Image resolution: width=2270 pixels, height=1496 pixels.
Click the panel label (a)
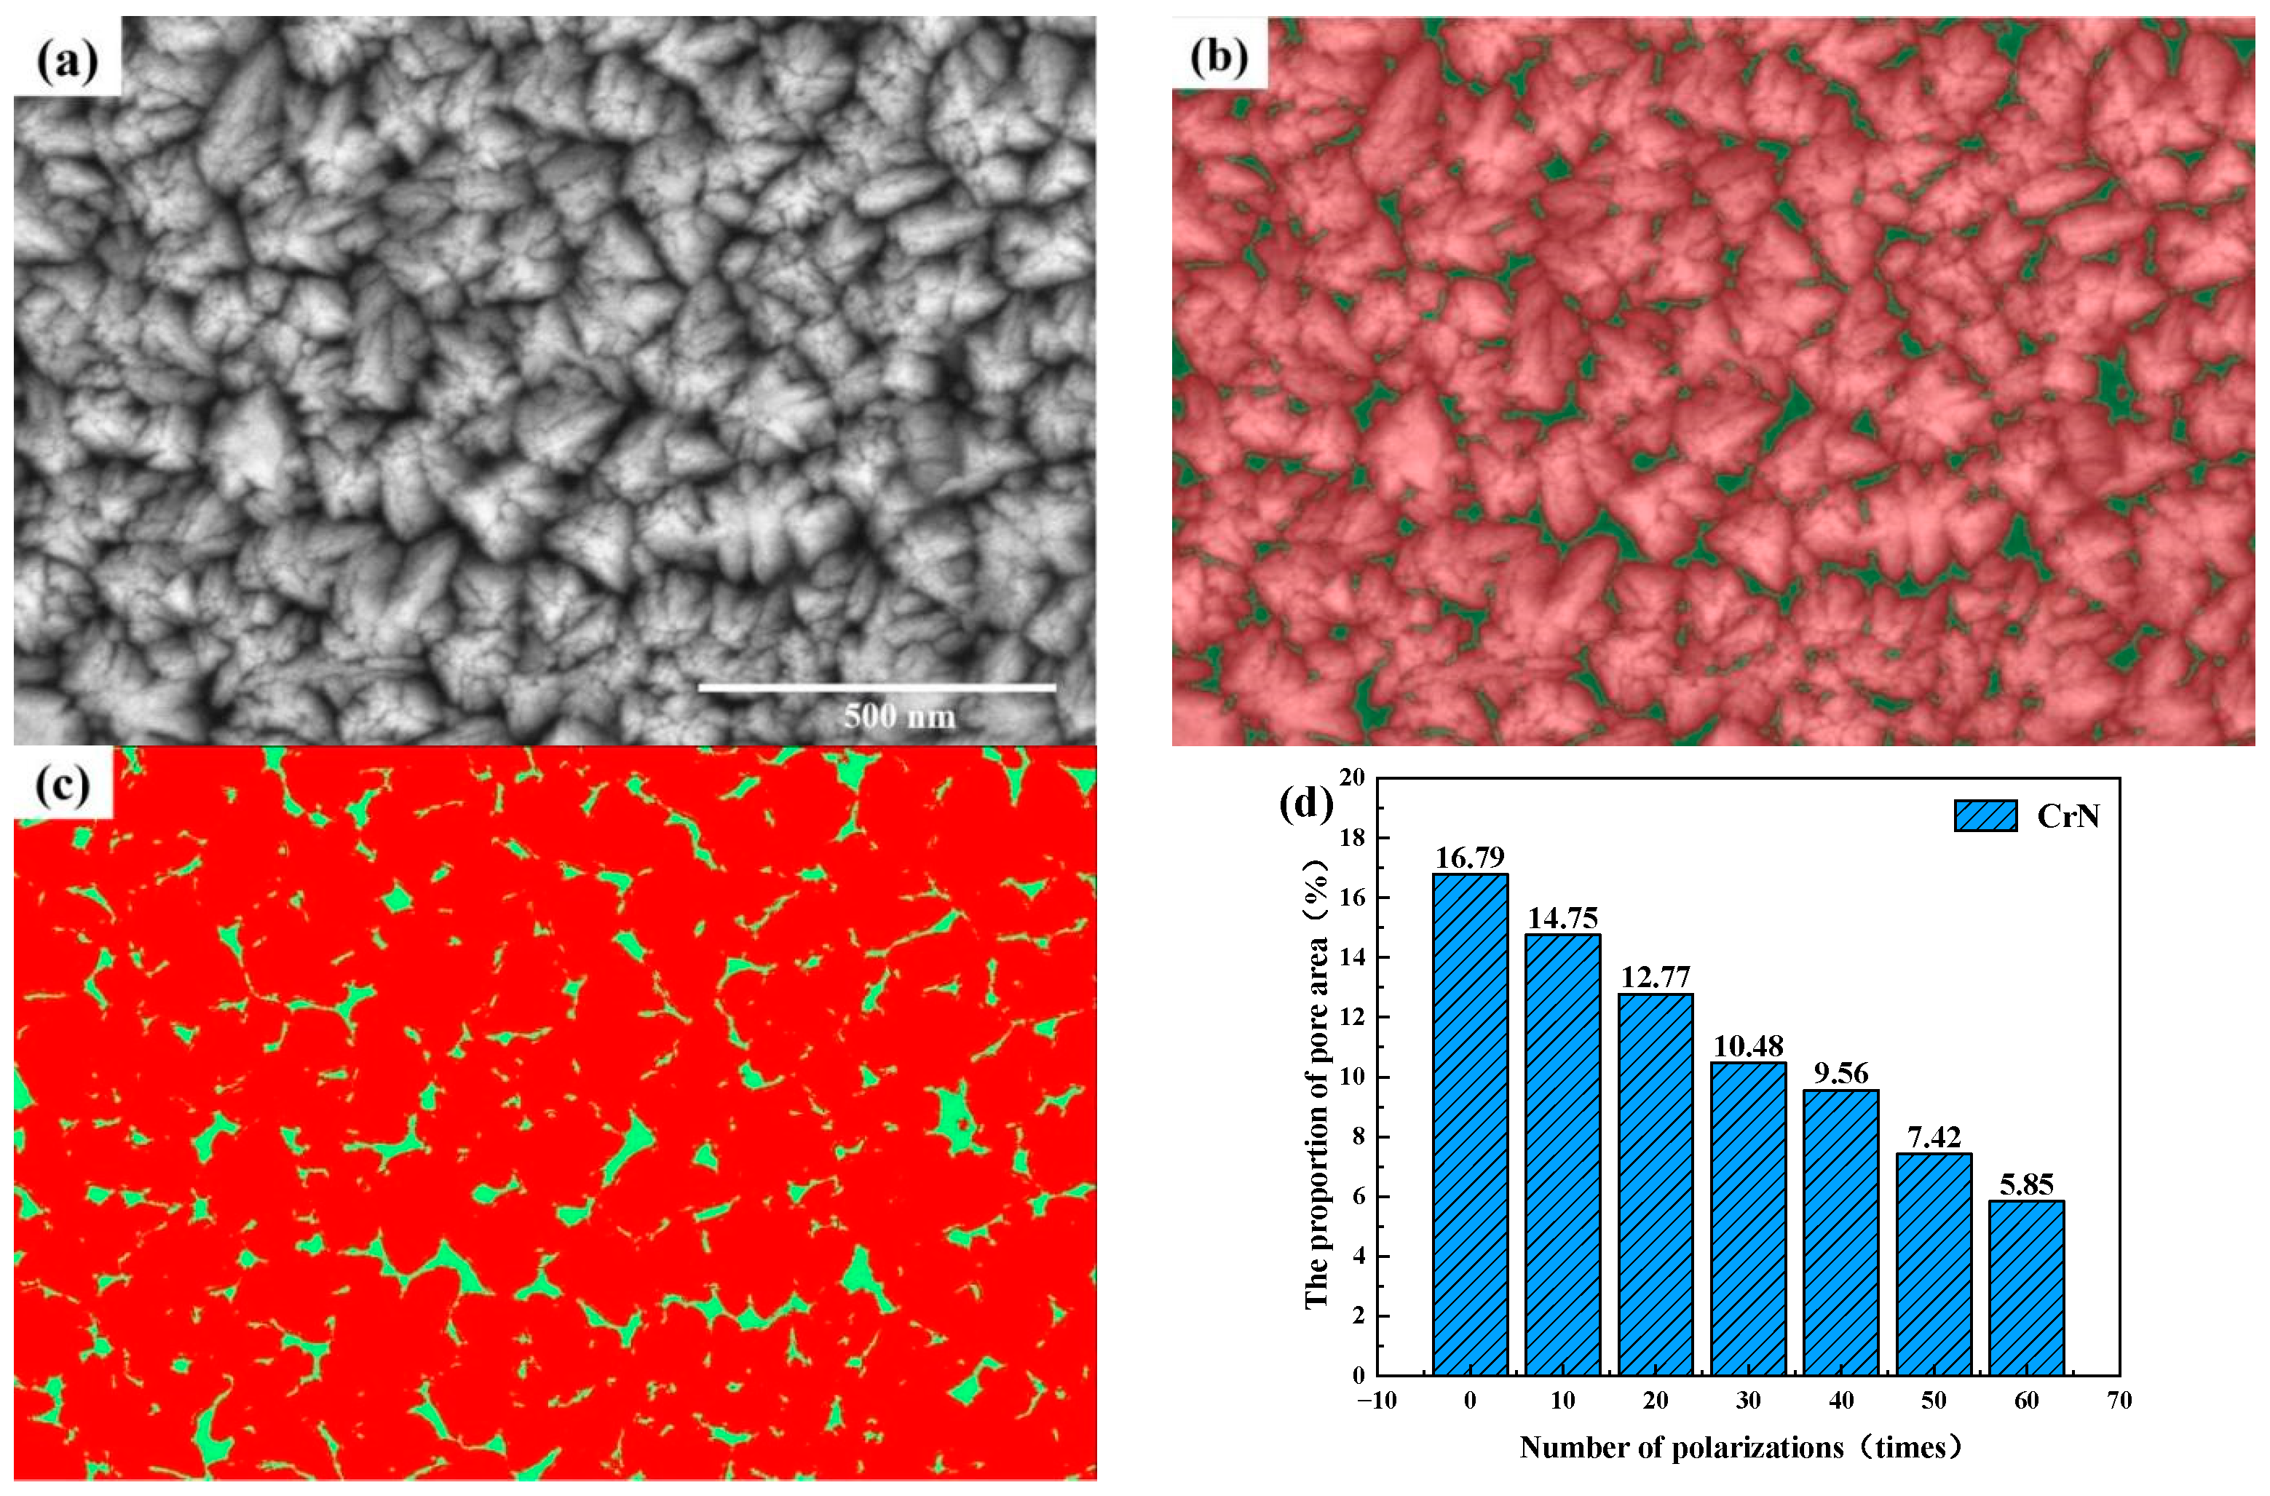coord(67,62)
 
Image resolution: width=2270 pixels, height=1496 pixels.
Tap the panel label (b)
coord(1219,58)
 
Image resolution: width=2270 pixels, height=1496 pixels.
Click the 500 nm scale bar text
coord(899,716)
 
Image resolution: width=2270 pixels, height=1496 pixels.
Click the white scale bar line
coord(877,687)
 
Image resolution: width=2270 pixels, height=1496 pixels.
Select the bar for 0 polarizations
coord(1471,1125)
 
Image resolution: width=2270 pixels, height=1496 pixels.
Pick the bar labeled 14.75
coord(1563,1155)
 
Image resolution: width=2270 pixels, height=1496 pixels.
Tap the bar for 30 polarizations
coord(1748,1219)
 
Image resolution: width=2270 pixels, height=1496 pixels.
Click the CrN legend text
coord(2068,816)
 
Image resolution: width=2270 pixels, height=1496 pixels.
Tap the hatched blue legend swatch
coord(1985,816)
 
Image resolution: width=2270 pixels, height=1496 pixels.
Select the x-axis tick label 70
coord(2119,1401)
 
